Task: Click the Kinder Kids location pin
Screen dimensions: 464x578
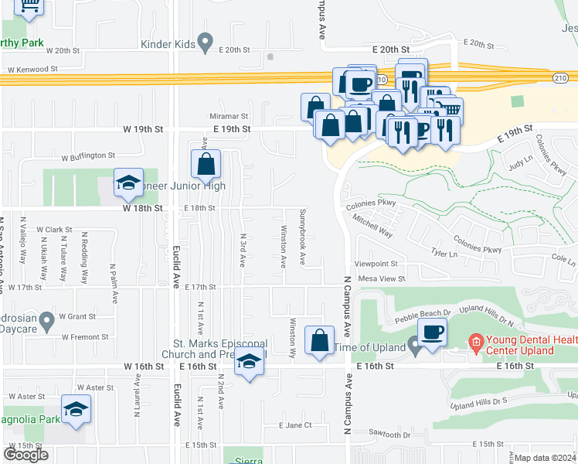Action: pyautogui.click(x=205, y=41)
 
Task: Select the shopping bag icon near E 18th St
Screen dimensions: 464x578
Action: pyautogui.click(x=206, y=163)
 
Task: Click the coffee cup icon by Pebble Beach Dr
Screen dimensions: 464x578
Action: pyautogui.click(x=431, y=333)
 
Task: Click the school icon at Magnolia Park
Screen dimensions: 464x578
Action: pyautogui.click(x=76, y=409)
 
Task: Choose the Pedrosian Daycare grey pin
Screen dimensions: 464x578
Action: pyautogui.click(x=46, y=319)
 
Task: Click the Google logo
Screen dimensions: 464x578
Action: pyautogui.click(x=25, y=455)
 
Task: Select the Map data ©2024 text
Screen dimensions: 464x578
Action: pyautogui.click(x=546, y=458)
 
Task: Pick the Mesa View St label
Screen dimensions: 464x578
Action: pyautogui.click(x=381, y=278)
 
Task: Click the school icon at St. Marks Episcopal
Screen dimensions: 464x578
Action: pyautogui.click(x=249, y=363)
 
